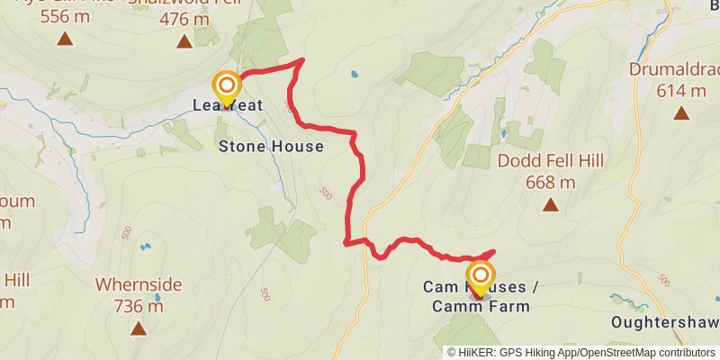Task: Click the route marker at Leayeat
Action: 226,87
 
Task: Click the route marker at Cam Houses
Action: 481,275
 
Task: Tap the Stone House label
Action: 271,146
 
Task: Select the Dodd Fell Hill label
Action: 551,161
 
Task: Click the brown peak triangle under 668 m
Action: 550,205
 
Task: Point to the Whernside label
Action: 139,285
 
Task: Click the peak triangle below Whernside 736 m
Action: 138,328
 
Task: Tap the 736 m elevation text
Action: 139,306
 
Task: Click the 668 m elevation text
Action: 551,183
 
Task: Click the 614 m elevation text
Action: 681,90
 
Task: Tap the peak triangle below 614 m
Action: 681,113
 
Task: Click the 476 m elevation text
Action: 184,18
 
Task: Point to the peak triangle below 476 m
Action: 184,40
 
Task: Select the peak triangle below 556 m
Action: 65,40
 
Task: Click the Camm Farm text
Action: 481,307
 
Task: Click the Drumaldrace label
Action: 676,69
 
